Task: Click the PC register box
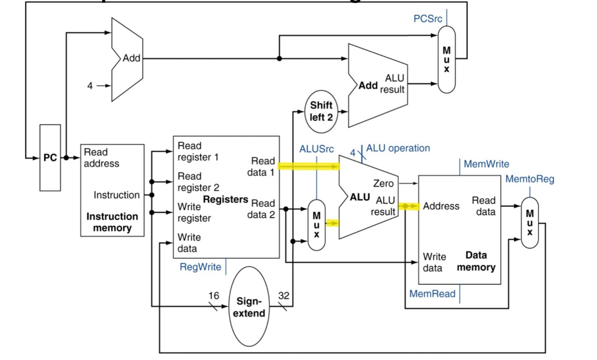click(x=50, y=158)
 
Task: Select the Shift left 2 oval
click(x=321, y=111)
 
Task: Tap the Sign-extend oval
click(x=249, y=307)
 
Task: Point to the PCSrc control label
click(x=428, y=19)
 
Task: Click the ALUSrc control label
click(x=316, y=149)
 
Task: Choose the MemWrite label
click(x=486, y=164)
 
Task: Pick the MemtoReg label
click(x=530, y=179)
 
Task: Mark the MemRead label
click(x=432, y=294)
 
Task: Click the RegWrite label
click(x=201, y=267)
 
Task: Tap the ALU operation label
click(x=398, y=148)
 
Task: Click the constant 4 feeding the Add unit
click(x=90, y=86)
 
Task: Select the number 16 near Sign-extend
click(x=213, y=295)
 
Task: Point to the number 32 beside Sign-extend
click(x=284, y=295)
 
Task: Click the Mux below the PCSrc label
click(x=446, y=59)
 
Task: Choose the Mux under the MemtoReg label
click(x=529, y=222)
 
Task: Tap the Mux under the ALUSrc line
click(x=316, y=225)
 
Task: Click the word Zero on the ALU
click(x=383, y=184)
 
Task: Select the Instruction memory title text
click(x=112, y=222)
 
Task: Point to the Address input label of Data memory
click(x=441, y=206)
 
